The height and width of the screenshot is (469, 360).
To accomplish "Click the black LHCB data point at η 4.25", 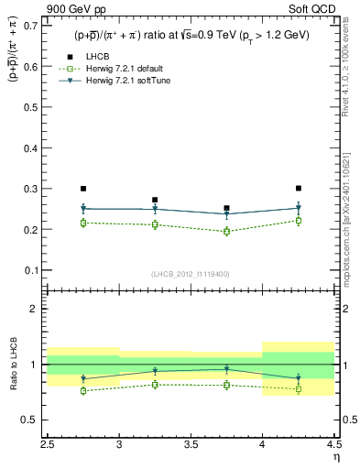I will point(299,188).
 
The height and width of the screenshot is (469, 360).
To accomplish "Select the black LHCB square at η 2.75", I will point(83,189).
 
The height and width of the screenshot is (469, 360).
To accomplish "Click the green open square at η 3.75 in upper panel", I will point(227,232).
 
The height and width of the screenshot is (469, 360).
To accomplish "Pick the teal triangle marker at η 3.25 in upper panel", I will point(155,210).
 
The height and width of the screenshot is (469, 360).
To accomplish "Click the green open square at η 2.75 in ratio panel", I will point(83,390).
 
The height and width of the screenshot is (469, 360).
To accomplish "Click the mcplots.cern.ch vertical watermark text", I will point(349,220).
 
